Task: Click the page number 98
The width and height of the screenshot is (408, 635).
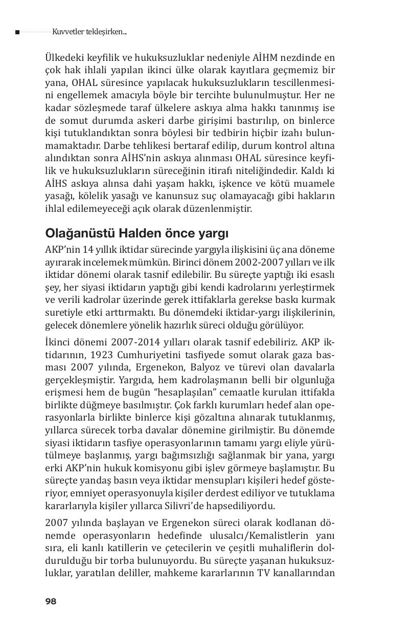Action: pos(51,602)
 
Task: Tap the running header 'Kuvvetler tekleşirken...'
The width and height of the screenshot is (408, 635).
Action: pos(89,32)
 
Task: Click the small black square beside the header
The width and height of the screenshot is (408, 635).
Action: pos(17,32)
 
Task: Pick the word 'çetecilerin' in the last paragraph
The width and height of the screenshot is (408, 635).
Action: pos(197,548)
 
